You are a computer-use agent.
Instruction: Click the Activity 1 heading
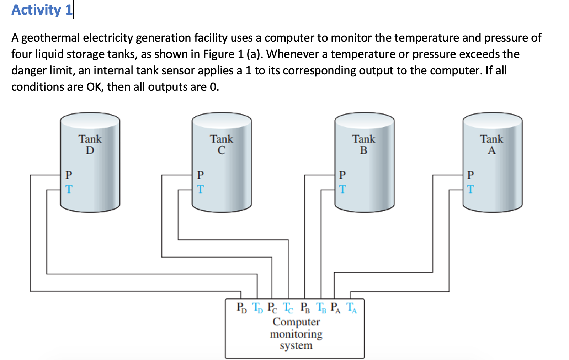pos(42,10)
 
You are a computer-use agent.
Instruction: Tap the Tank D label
pos(90,144)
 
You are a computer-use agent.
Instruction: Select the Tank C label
pos(221,144)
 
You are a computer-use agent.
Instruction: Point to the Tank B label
pos(363,144)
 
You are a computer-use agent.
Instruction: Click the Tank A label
pos(491,144)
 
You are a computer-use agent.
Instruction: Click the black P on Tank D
pos(69,175)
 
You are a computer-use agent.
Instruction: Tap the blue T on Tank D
pos(69,189)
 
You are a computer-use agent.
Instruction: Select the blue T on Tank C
pos(200,189)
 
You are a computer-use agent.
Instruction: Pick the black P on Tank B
pos(342,175)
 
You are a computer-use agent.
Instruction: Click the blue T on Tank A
pos(470,189)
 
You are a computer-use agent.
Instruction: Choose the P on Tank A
pos(470,175)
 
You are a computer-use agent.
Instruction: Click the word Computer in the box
pos(296,322)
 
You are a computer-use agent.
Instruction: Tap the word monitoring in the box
pos(296,334)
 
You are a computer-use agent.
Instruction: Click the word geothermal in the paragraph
pos(51,38)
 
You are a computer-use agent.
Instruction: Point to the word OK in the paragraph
pos(94,87)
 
